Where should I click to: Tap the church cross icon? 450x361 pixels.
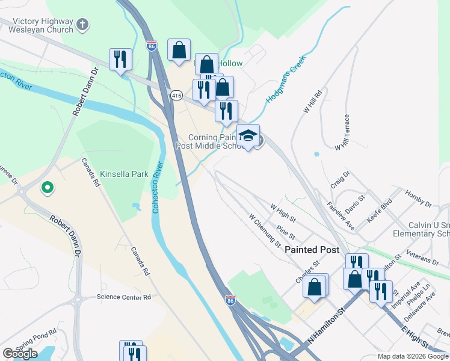pyautogui.click(x=83, y=25)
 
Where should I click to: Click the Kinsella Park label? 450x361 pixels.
pyautogui.click(x=124, y=174)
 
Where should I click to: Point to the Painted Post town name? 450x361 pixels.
pyautogui.click(x=312, y=249)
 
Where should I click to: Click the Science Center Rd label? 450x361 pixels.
pyautogui.click(x=123, y=297)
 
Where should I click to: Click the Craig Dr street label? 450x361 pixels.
pyautogui.click(x=339, y=180)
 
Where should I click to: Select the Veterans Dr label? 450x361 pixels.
pyautogui.click(x=423, y=257)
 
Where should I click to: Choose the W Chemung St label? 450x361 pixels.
pyautogui.click(x=265, y=230)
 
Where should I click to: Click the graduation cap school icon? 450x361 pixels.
pyautogui.click(x=247, y=135)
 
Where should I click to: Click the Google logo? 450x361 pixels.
pyautogui.click(x=20, y=354)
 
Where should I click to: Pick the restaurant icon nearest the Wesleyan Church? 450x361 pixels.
pyautogui.click(x=120, y=60)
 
